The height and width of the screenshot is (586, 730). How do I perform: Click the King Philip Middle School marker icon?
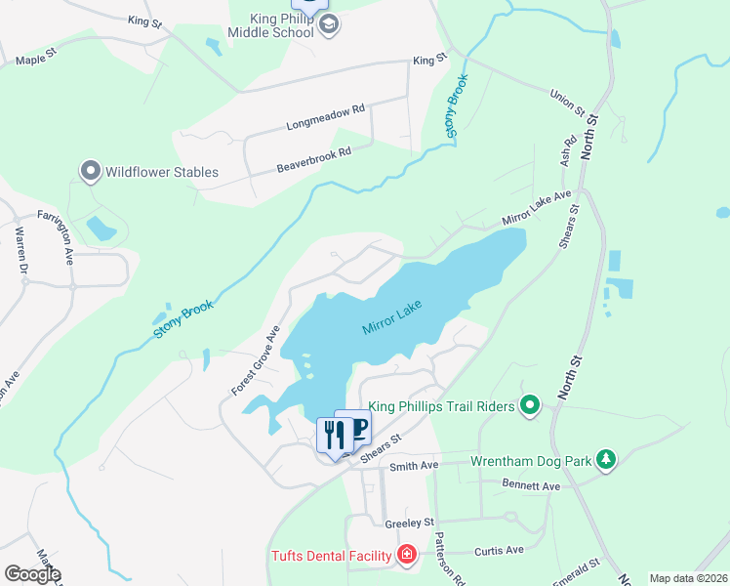(328, 24)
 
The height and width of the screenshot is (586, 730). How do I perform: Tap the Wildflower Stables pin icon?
(91, 172)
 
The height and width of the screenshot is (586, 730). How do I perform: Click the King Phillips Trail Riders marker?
(530, 403)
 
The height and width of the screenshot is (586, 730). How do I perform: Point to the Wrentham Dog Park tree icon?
(606, 459)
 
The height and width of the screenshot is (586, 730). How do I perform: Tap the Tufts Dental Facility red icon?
(407, 556)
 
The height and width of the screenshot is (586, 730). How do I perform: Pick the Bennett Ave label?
(531, 485)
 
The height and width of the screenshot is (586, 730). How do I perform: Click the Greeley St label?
(409, 523)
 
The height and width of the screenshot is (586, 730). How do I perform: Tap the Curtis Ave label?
(500, 551)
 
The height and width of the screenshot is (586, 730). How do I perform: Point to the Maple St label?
(38, 60)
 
